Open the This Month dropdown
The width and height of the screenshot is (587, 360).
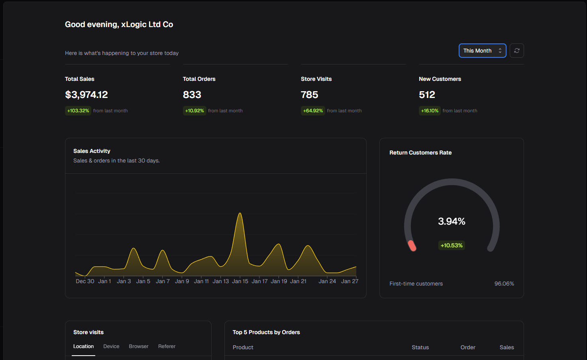coord(482,51)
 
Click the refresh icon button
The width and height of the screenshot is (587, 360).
coord(516,51)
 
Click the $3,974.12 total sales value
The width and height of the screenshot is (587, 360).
coord(86,95)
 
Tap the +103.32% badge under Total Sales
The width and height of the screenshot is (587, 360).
coord(78,111)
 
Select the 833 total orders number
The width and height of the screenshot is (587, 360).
coord(192,95)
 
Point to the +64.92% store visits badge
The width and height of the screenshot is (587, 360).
coord(313,111)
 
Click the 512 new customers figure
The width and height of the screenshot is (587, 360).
coord(427,95)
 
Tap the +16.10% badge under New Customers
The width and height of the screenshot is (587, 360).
coord(430,111)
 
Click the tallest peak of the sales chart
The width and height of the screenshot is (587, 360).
coord(240,214)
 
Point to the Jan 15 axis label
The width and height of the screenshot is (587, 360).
coord(240,281)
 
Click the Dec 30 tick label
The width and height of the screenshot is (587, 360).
coord(85,281)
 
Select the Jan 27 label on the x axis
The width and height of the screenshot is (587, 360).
coord(349,281)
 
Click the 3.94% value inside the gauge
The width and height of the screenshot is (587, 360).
coord(452,221)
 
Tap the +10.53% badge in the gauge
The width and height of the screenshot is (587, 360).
coord(452,245)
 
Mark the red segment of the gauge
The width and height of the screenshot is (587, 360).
coord(412,246)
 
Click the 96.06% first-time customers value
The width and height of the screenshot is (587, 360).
coord(504,284)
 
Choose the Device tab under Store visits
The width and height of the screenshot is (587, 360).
coord(111,346)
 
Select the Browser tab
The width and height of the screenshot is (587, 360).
coord(139,346)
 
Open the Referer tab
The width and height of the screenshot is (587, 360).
coord(167,346)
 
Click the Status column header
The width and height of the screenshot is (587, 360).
coord(420,347)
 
